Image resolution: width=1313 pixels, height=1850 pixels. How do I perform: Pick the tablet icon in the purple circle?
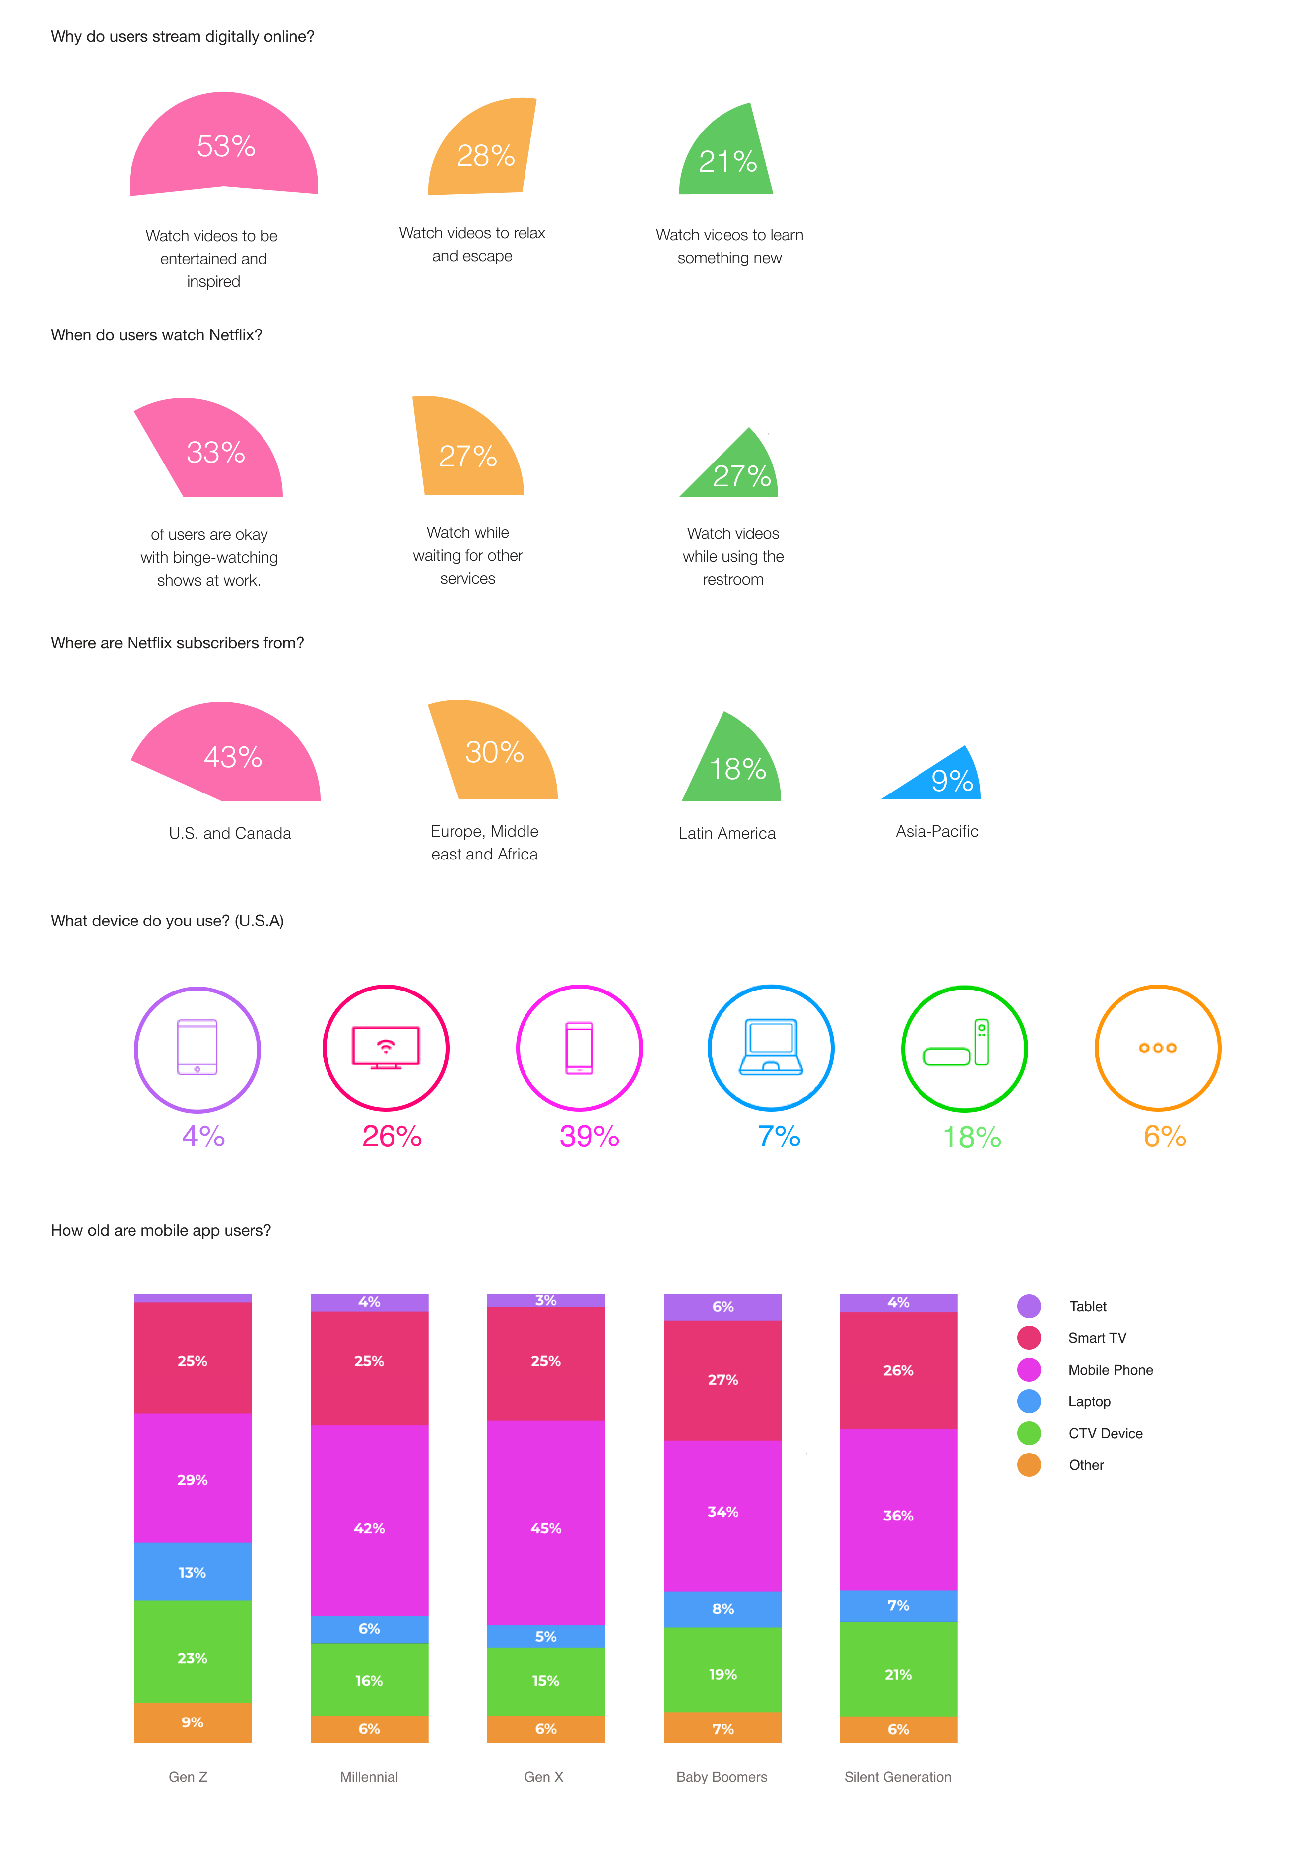point(197,1047)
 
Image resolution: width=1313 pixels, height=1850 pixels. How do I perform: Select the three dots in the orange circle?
point(1158,1048)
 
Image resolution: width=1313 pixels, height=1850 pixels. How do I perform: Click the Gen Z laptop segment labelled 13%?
point(193,1572)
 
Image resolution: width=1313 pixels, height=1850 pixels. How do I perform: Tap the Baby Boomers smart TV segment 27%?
point(723,1380)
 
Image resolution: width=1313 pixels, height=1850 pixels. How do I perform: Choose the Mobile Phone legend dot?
point(1029,1370)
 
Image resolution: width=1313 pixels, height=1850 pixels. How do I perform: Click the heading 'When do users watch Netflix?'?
point(156,335)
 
